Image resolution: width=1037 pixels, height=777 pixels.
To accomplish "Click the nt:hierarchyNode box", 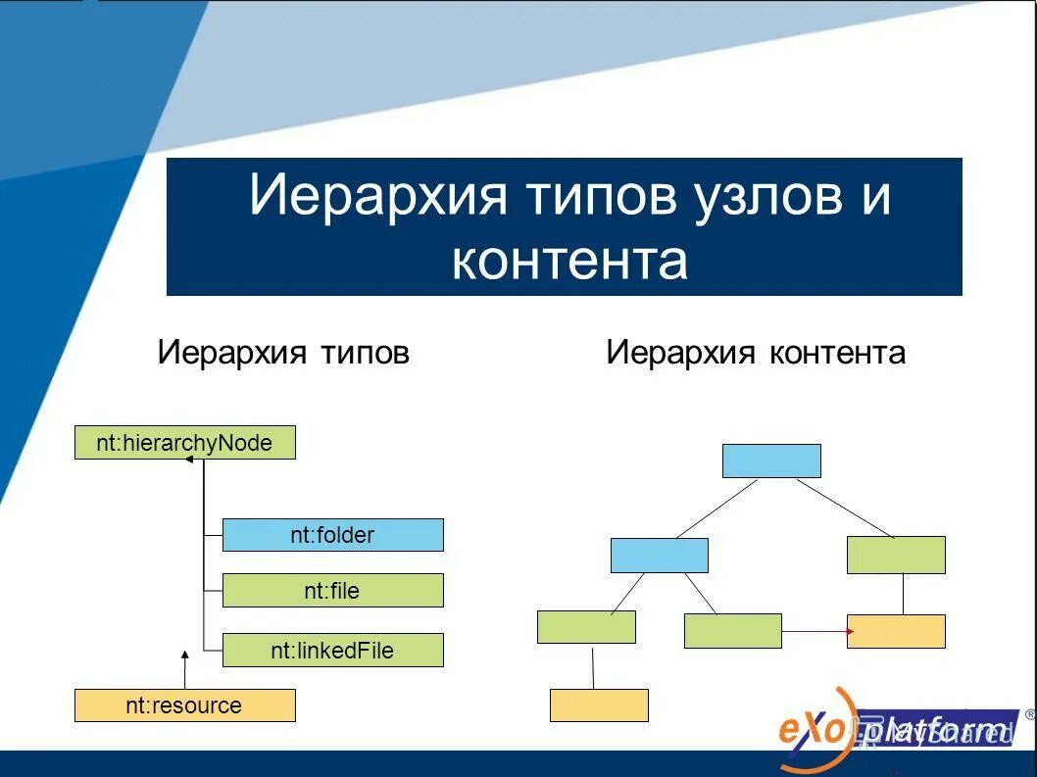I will [x=184, y=443].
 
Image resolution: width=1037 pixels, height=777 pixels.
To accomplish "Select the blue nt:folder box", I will [x=332, y=535].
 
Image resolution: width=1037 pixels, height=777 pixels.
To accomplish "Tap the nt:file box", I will [x=332, y=590].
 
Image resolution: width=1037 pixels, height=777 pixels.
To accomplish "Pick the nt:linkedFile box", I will [x=332, y=650].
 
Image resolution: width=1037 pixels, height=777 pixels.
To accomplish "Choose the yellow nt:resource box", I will [x=184, y=705].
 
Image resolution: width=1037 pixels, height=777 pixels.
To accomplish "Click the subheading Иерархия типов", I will [x=282, y=353].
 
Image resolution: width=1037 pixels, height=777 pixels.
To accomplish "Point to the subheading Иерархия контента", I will [x=755, y=353].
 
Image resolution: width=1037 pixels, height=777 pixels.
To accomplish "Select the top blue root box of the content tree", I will [x=771, y=461].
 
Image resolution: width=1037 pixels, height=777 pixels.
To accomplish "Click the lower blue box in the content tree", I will [x=659, y=555].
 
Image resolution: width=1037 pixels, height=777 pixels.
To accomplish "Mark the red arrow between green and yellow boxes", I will [x=815, y=631].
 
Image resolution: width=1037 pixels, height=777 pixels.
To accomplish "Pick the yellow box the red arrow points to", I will [x=896, y=631].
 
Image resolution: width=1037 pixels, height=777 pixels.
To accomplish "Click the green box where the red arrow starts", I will [x=732, y=631].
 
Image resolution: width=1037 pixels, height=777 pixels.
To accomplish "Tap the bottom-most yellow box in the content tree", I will [x=599, y=705].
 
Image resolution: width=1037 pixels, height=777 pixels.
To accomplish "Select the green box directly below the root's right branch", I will [x=896, y=555].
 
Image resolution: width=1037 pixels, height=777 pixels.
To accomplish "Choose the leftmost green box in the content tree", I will [x=586, y=627].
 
